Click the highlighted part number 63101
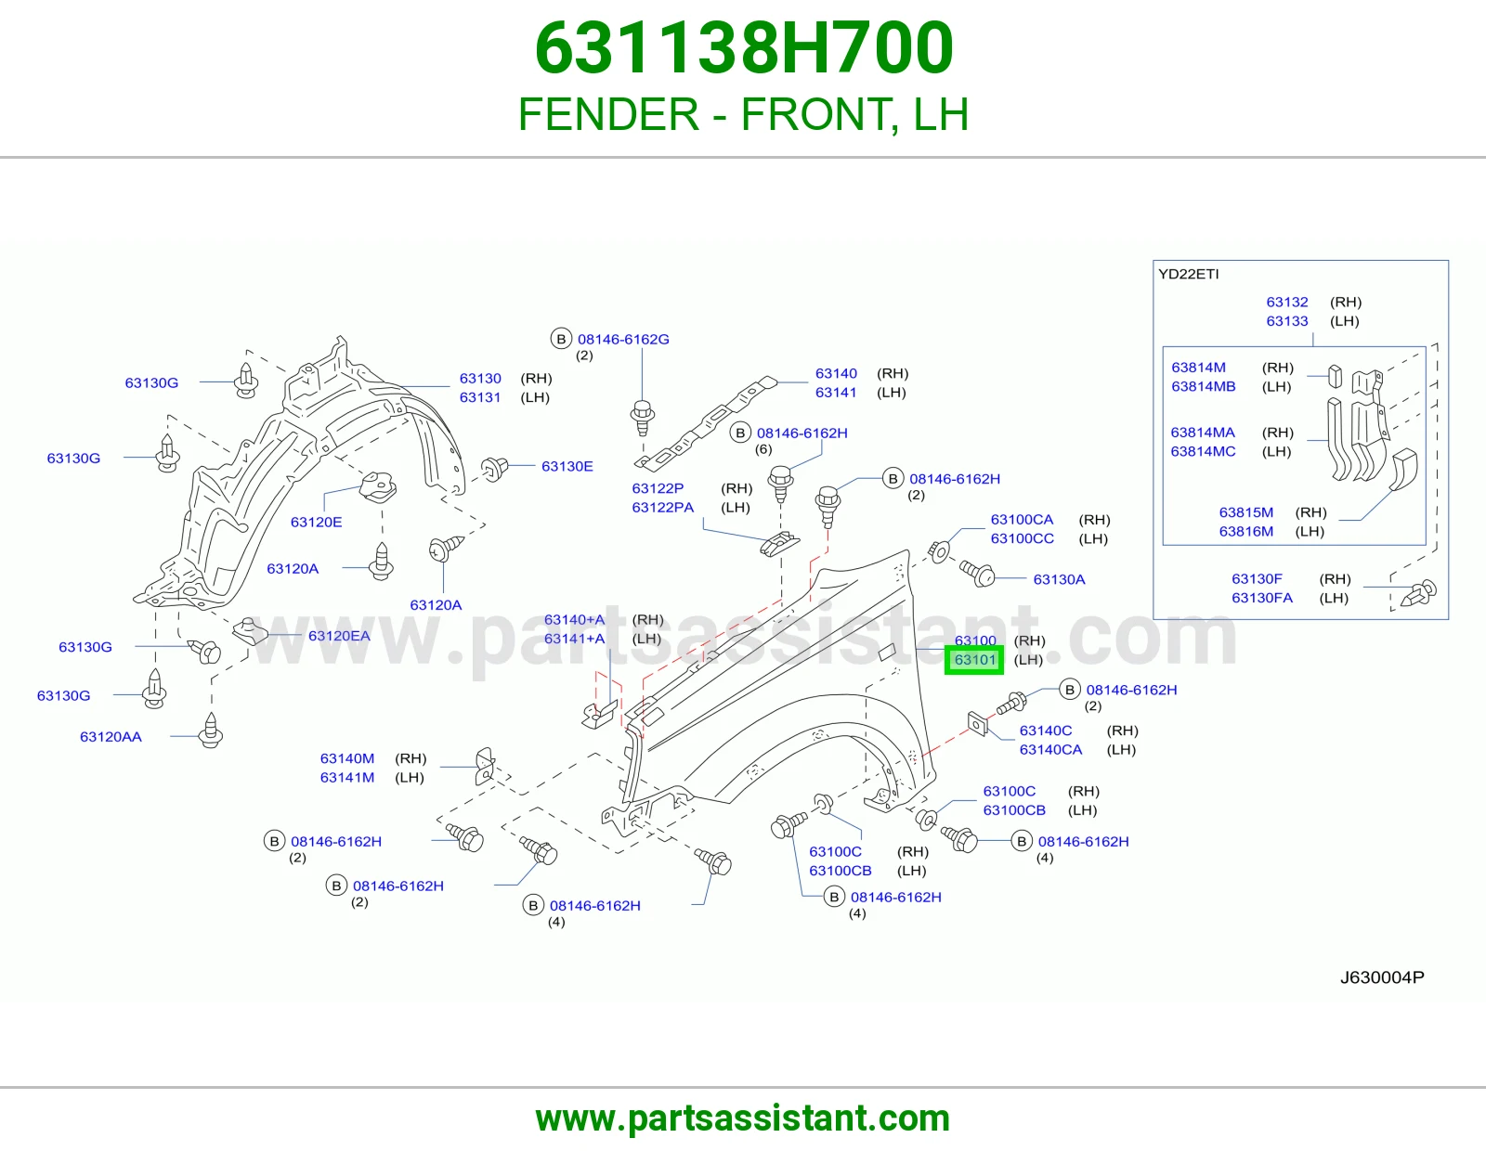coord(974,660)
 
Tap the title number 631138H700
coord(743,47)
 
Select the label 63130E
coord(567,466)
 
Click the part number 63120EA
coord(339,636)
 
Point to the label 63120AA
coord(111,737)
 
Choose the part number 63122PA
coord(662,507)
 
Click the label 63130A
coord(1060,579)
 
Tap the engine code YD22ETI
coord(1189,274)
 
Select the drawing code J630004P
coord(1382,977)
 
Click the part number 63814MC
coord(1203,451)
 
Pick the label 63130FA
coord(1262,598)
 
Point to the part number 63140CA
coord(1051,750)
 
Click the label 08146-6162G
coord(624,339)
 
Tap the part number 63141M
coord(347,777)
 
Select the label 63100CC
coord(1023,538)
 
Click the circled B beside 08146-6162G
coord(562,339)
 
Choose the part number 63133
coord(1287,321)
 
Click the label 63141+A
coord(574,639)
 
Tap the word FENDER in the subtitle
coord(608,114)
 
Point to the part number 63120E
coord(316,523)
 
